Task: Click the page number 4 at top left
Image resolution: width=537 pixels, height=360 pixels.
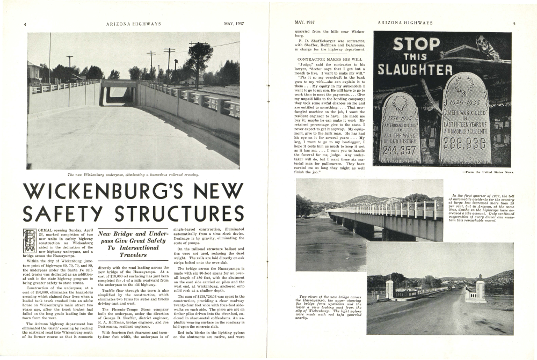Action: click(x=25, y=24)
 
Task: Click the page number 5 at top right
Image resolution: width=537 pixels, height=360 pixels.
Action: click(x=514, y=23)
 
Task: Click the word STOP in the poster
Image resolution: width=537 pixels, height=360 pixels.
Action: click(x=416, y=44)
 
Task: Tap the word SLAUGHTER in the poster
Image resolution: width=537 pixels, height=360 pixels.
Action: click(x=415, y=70)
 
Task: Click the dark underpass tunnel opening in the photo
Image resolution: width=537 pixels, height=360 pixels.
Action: click(x=114, y=96)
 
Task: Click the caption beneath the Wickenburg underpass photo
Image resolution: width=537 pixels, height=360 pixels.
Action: click(x=133, y=175)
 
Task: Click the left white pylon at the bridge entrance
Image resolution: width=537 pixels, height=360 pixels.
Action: click(x=389, y=289)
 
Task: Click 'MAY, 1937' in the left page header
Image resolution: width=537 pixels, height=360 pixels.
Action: click(x=234, y=24)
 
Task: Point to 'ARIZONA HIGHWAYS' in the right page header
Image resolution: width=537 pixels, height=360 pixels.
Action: click(x=405, y=23)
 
